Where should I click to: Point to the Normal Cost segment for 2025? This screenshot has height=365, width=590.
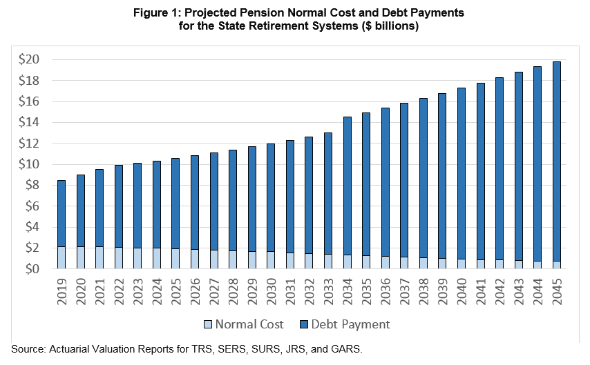(175, 259)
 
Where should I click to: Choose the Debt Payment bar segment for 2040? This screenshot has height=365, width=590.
(461, 173)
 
